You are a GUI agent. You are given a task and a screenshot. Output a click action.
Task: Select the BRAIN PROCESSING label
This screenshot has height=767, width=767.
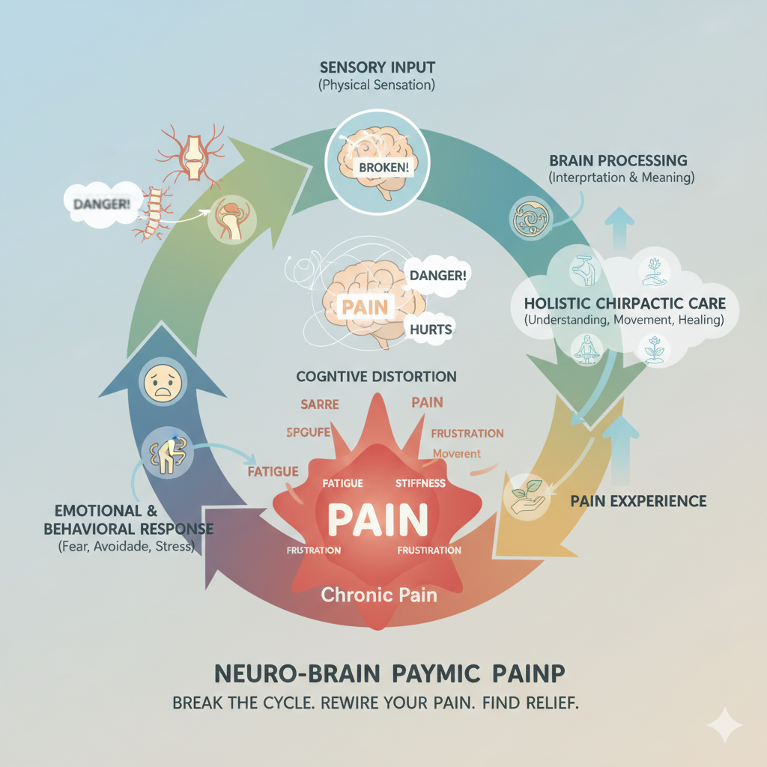click(618, 160)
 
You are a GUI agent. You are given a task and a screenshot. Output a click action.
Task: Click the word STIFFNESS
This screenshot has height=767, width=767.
click(420, 484)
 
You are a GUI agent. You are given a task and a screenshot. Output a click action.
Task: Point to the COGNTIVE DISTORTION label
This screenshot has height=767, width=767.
click(376, 376)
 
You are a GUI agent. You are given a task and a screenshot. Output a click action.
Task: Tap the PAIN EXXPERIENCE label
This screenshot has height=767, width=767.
click(638, 500)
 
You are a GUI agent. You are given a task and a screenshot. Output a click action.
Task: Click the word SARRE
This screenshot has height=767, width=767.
click(320, 404)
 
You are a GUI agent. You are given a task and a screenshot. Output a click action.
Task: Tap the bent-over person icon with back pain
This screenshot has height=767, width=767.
click(163, 453)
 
